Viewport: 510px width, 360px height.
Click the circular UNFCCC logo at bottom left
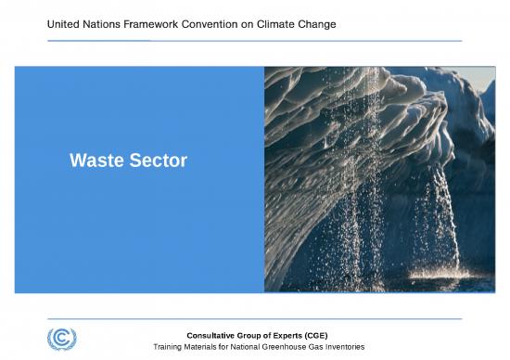(x=62, y=338)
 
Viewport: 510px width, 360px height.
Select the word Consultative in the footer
(x=212, y=334)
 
